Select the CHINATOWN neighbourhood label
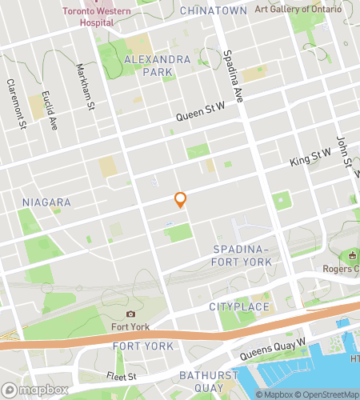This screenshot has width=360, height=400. (213, 10)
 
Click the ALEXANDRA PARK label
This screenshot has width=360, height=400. (158, 66)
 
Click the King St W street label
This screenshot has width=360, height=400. (310, 161)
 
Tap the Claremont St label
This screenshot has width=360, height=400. (16, 103)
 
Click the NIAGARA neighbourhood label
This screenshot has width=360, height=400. (47, 202)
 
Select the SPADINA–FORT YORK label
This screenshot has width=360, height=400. (243, 256)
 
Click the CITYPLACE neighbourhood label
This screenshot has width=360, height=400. (237, 307)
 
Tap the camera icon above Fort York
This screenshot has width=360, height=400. (130, 314)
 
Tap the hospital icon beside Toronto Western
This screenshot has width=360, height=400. (89, 2)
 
